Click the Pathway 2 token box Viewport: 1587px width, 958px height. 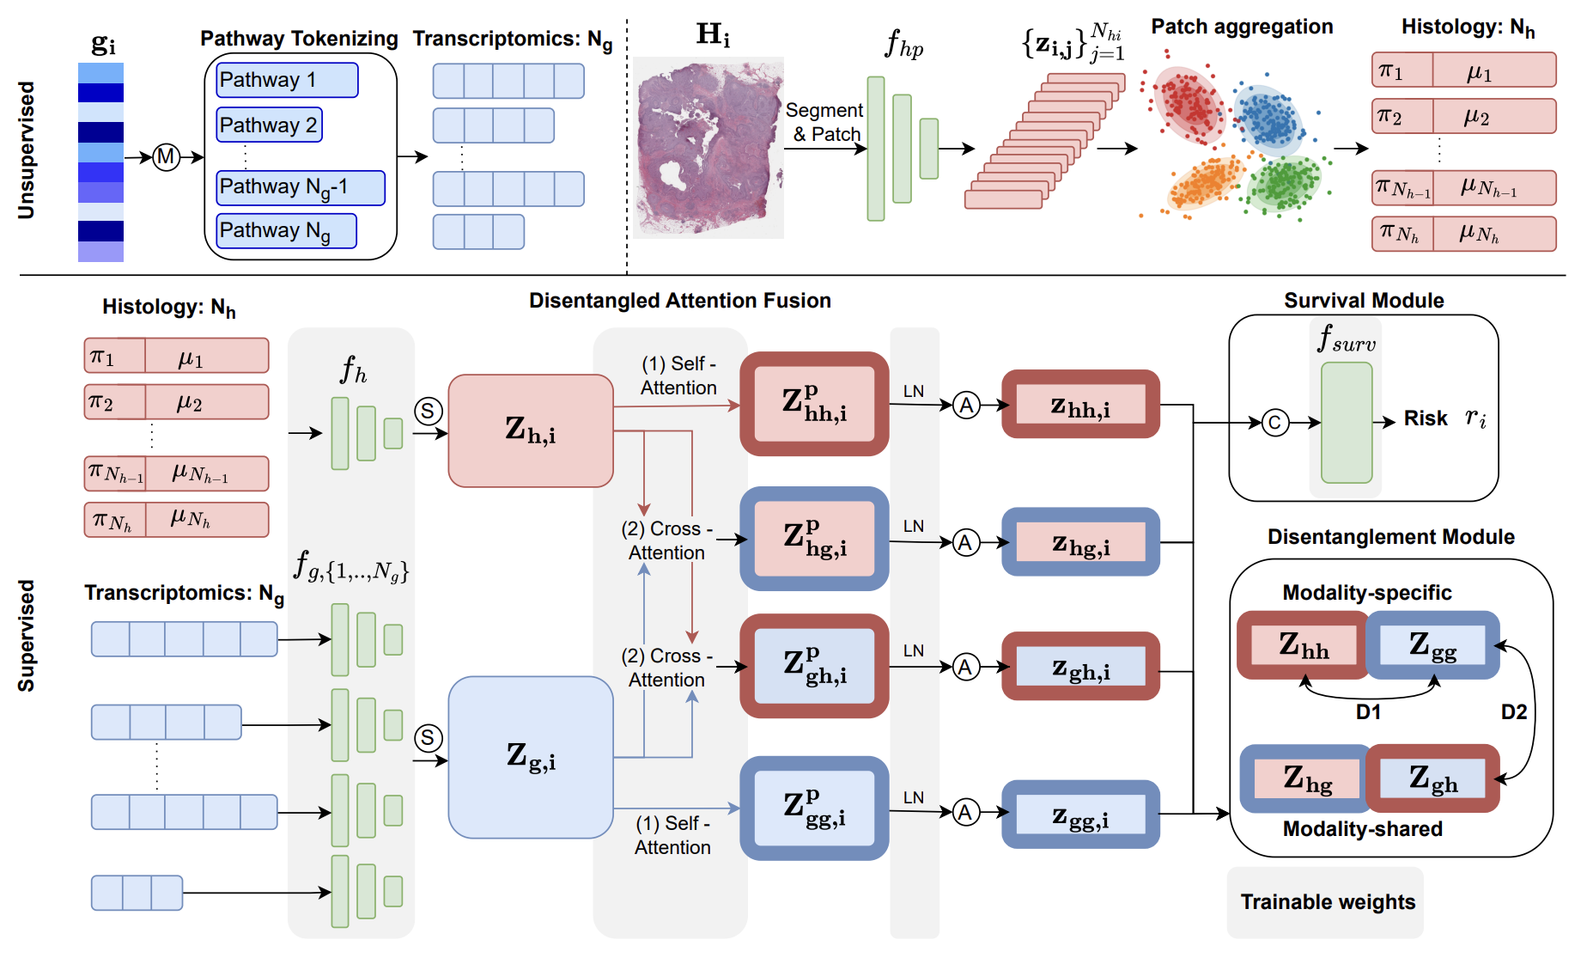click(269, 125)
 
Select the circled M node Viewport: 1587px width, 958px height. click(166, 157)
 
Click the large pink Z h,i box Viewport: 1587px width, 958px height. click(530, 430)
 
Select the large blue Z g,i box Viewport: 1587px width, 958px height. click(530, 757)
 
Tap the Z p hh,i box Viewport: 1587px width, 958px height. click(813, 403)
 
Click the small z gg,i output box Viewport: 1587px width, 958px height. click(1080, 814)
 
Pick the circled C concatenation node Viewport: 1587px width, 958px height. click(1274, 422)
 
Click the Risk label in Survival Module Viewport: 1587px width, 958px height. click(1426, 418)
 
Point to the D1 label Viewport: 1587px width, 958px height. click(1367, 712)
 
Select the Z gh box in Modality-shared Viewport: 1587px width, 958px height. click(1432, 778)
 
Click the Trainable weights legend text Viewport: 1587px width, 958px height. click(1327, 901)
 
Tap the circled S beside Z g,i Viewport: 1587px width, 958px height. click(428, 737)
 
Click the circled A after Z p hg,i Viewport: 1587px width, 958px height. click(966, 542)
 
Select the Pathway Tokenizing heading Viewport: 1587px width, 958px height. click(299, 39)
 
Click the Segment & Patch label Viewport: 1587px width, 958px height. click(824, 122)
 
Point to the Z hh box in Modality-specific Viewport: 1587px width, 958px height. click(1303, 645)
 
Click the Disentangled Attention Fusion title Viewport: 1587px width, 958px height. click(679, 300)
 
